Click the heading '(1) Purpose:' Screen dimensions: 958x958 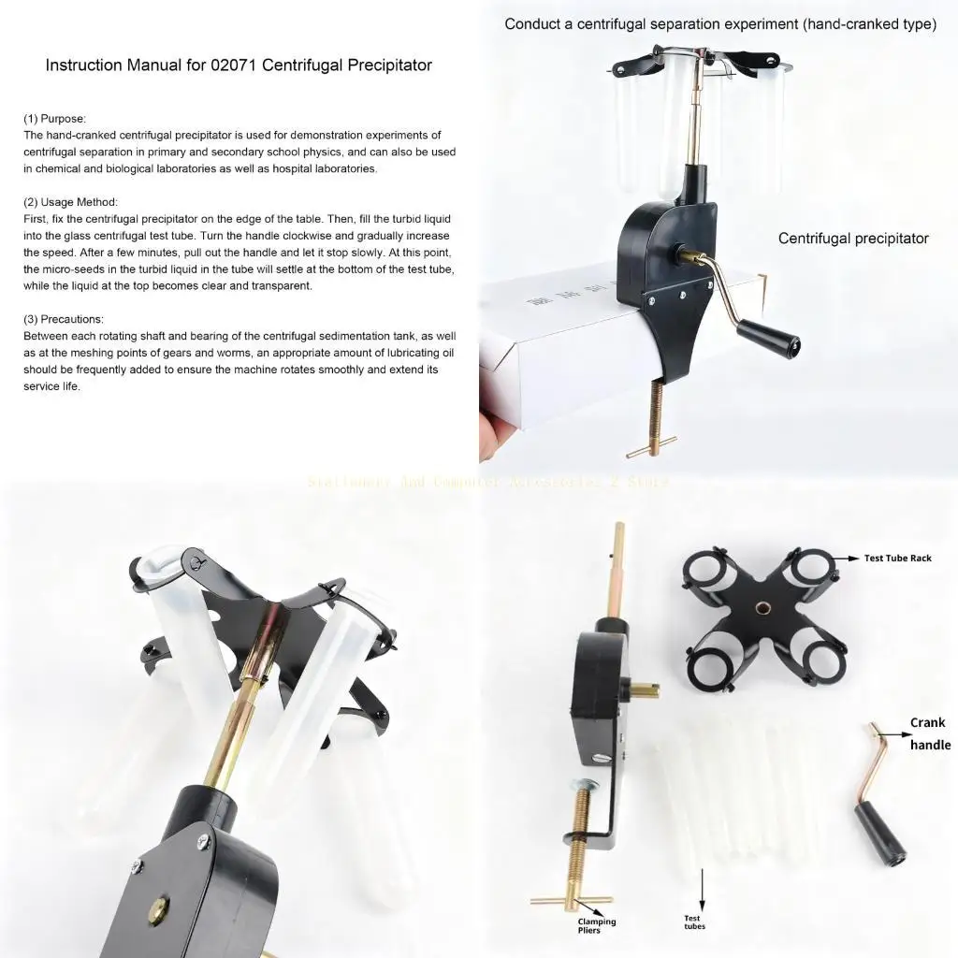coord(54,119)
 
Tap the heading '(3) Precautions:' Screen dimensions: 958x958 coord(64,319)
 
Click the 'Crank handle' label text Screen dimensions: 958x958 coord(929,733)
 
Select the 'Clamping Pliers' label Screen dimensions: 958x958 coord(597,926)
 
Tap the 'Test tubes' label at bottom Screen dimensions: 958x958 coord(692,922)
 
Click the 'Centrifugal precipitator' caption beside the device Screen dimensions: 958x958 coord(853,239)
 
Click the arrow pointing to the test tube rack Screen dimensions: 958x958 coord(848,558)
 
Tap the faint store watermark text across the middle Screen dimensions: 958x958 coord(487,482)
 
